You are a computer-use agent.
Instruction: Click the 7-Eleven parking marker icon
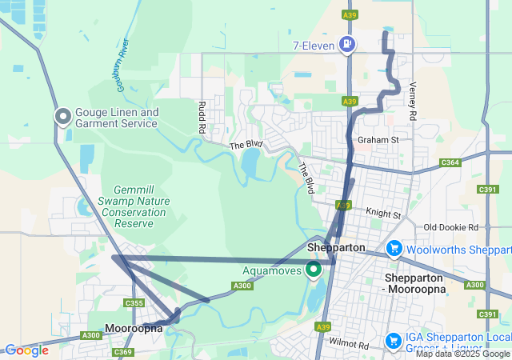click(x=347, y=43)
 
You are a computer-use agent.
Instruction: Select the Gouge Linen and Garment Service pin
click(x=63, y=117)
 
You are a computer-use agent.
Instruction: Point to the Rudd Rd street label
click(x=202, y=117)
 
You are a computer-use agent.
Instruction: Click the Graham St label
click(x=378, y=140)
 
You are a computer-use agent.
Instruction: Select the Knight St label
click(x=382, y=214)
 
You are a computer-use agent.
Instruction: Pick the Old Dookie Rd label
click(x=451, y=228)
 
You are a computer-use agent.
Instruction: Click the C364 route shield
click(x=450, y=162)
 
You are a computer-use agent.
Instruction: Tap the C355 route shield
click(x=134, y=303)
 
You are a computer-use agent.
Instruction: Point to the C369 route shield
click(x=122, y=352)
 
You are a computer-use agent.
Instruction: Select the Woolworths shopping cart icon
click(x=394, y=249)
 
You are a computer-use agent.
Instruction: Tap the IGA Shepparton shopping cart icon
click(x=394, y=341)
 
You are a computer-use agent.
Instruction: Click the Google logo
click(x=26, y=350)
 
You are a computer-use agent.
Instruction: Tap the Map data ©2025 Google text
click(x=462, y=354)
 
